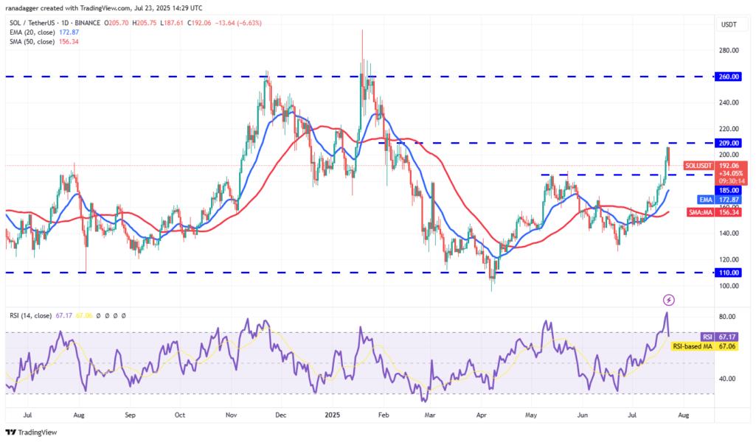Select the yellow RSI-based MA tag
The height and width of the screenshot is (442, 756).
[x=694, y=345]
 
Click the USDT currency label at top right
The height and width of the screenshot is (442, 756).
[x=729, y=24]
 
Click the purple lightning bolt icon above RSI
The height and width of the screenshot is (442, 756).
[x=668, y=300]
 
